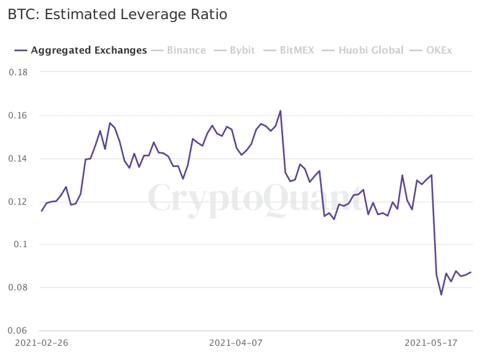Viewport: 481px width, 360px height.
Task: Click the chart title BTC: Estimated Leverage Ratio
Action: point(117,14)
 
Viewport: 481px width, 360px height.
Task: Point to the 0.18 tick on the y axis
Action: point(18,72)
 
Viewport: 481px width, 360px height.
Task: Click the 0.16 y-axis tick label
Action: point(18,115)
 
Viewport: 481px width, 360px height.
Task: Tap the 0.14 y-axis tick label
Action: point(18,158)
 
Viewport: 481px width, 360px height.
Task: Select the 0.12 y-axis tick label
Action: point(18,202)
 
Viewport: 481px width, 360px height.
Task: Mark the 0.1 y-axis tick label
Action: point(22,245)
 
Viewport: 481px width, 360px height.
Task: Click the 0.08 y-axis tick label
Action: point(18,288)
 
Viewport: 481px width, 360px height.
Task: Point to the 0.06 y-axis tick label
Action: point(18,331)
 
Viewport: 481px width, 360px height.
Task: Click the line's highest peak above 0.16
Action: point(281,111)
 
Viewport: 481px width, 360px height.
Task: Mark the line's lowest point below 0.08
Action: point(442,295)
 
